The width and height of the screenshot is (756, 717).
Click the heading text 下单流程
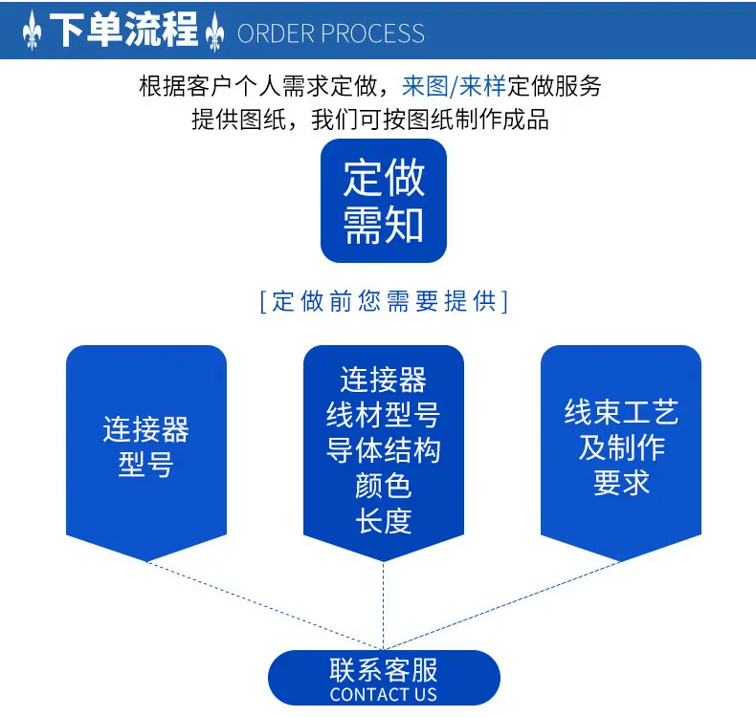coord(123,30)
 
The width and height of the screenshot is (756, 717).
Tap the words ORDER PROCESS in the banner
coord(331,33)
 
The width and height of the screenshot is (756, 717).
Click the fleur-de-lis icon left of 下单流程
coord(32,31)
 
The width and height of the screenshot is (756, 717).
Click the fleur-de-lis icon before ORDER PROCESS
coord(214,33)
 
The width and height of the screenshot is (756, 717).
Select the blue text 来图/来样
coord(454,86)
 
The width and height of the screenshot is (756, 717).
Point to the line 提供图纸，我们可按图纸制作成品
coord(370,119)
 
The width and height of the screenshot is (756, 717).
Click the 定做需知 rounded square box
coord(384,201)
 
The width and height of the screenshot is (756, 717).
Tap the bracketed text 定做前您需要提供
coord(384,301)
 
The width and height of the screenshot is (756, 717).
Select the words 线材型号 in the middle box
coord(383,415)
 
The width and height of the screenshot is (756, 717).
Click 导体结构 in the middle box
coord(383,450)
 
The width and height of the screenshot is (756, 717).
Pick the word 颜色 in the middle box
coord(384,486)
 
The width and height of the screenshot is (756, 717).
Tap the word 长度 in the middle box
coord(384,521)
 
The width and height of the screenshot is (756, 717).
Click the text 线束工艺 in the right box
coord(621,412)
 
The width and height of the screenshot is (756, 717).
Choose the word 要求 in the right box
coord(621,483)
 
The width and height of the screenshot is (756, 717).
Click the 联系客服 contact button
coord(384,678)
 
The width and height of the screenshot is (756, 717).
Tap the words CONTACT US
coord(384,694)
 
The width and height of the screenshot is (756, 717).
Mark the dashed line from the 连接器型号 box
coord(265,606)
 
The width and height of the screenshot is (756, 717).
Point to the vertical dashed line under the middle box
coord(384,606)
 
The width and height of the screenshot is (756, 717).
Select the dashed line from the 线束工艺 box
coord(501,606)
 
